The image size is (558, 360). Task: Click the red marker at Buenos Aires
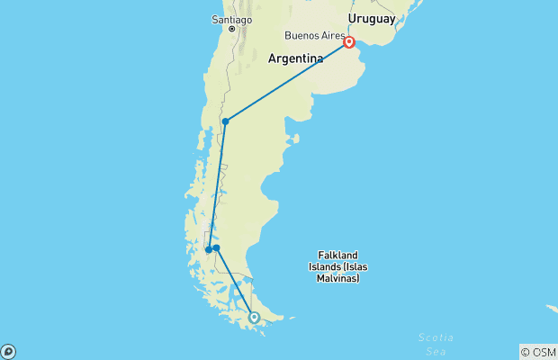(349, 41)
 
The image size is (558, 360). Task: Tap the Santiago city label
(232, 19)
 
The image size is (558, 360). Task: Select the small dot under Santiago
(232, 29)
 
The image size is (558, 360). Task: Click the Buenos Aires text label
(314, 36)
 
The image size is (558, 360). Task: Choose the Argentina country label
(295, 58)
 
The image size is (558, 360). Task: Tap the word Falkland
(338, 255)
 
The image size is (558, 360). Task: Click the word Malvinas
(337, 278)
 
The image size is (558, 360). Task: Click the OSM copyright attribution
(537, 352)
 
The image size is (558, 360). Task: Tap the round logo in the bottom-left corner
(8, 351)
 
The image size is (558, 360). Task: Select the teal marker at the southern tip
(254, 318)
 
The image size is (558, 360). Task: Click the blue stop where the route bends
(226, 121)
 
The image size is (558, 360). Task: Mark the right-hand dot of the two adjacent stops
(216, 247)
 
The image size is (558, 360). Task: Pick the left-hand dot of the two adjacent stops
(208, 250)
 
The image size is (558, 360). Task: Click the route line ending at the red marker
(288, 81)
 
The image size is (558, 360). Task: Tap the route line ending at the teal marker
(236, 283)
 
